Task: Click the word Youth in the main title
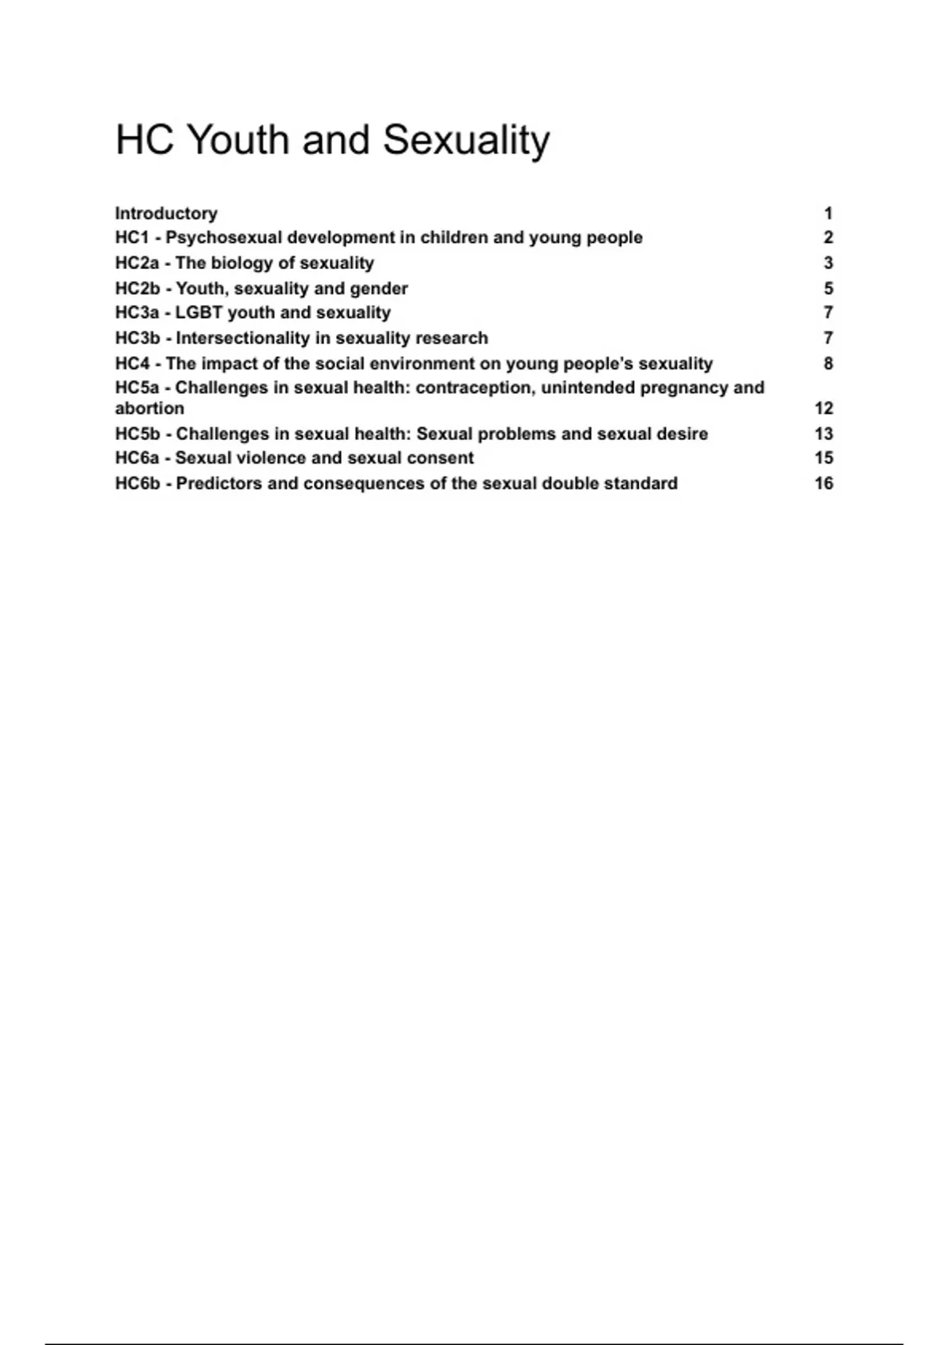(x=238, y=140)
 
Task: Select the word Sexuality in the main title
(x=466, y=140)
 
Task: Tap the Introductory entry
(x=166, y=214)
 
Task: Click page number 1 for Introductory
(x=828, y=214)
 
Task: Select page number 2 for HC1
(x=828, y=238)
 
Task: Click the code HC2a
(x=137, y=263)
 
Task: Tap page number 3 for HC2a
(x=828, y=263)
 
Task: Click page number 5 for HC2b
(x=828, y=289)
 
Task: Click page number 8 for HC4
(x=828, y=364)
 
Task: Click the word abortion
(x=149, y=409)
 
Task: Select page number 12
(x=823, y=409)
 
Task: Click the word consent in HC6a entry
(x=440, y=458)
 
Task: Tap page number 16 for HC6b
(x=823, y=483)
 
